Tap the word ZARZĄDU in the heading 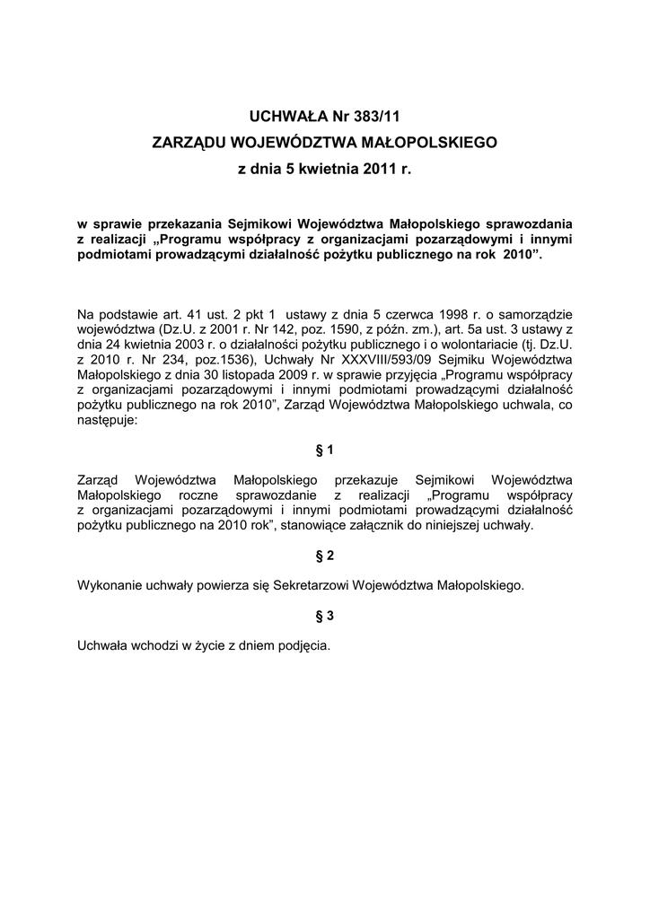189,142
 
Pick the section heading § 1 325,448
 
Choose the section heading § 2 325,556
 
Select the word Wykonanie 109,585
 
